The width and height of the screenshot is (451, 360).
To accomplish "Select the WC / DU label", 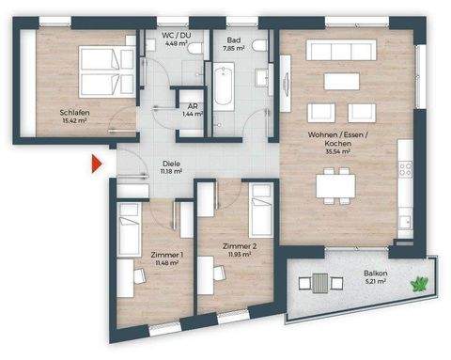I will [176, 36].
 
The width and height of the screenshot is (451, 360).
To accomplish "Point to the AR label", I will [192, 106].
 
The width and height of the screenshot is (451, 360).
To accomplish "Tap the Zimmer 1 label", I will [153, 255].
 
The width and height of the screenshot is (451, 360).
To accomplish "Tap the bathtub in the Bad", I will [225, 96].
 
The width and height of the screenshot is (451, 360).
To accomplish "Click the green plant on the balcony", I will [418, 282].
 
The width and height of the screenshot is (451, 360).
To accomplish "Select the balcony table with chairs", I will [320, 283].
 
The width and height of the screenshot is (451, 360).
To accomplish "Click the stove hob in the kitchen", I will [405, 168].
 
